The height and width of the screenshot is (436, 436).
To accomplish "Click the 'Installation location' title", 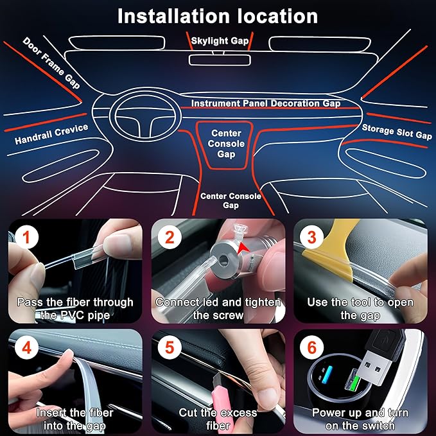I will coord(218,15).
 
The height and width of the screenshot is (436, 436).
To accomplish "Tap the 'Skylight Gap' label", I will coord(220,41).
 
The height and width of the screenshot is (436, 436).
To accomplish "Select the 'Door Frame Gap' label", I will coord(51,62).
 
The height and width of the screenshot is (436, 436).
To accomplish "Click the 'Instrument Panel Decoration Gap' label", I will coord(266,103).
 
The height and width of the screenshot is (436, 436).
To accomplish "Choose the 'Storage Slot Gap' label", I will coord(397,132).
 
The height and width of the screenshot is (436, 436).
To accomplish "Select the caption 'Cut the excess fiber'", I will coord(218,419).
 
